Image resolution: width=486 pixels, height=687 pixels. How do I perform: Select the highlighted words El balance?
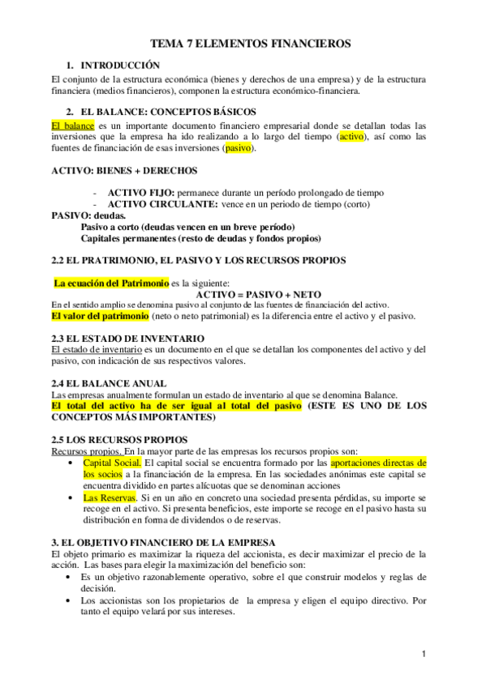click(72, 126)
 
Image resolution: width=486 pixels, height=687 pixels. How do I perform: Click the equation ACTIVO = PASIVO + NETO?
click(258, 293)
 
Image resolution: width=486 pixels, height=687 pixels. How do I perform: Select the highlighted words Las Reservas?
click(109, 497)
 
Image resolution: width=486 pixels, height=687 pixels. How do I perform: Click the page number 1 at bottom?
click(423, 654)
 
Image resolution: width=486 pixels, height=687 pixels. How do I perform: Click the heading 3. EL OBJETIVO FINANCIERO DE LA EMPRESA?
click(162, 542)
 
